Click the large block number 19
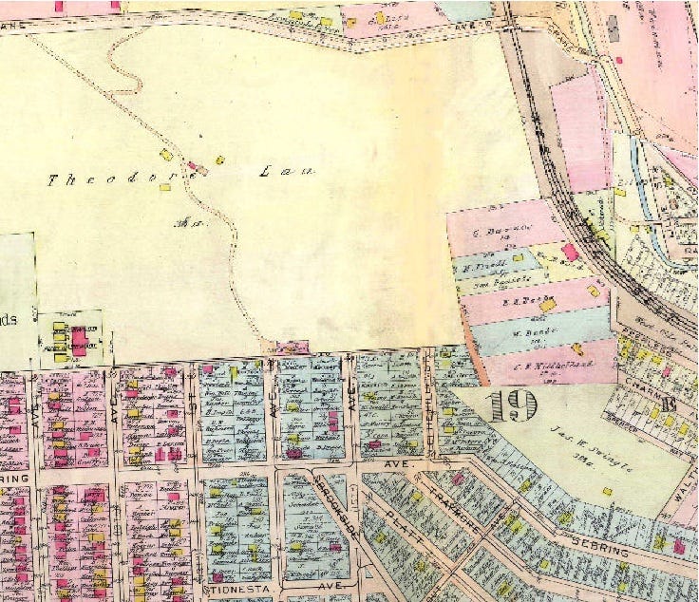pyautogui.click(x=513, y=406)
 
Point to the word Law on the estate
pyautogui.click(x=286, y=173)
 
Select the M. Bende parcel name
pyautogui.click(x=525, y=331)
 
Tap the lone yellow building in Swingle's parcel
pyautogui.click(x=606, y=465)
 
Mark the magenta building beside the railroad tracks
pyautogui.click(x=569, y=252)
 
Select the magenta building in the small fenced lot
pyautogui.click(x=79, y=337)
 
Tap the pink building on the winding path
pyautogui.click(x=193, y=165)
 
